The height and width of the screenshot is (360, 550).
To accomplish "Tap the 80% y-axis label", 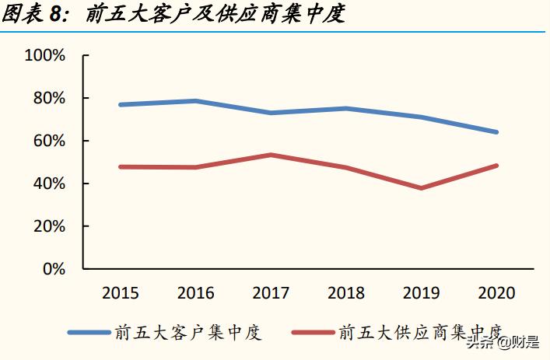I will (x=48, y=98).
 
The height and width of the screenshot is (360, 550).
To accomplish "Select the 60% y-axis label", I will (x=48, y=141).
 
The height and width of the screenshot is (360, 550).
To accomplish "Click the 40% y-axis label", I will (x=48, y=183).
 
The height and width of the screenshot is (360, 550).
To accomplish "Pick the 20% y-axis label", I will (x=48, y=226).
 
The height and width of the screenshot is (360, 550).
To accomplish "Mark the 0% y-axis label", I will (x=53, y=269).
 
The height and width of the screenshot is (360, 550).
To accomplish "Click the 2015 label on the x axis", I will (x=121, y=293).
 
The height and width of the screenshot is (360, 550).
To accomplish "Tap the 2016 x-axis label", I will (x=196, y=293).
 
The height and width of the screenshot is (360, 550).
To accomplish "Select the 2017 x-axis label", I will (x=271, y=293).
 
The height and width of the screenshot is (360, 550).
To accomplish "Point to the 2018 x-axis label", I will (x=346, y=293).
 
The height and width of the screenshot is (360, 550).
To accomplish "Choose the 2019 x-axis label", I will (x=421, y=293).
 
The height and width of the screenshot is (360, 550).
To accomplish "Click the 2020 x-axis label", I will (x=496, y=293).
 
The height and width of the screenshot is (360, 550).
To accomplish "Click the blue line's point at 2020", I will (x=496, y=132).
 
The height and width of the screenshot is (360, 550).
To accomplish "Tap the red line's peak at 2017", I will (x=271, y=155).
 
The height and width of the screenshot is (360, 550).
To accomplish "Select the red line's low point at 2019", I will (x=421, y=188).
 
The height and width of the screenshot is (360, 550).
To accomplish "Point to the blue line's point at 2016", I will (x=196, y=101).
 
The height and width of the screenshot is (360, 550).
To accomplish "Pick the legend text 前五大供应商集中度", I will (x=421, y=333).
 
